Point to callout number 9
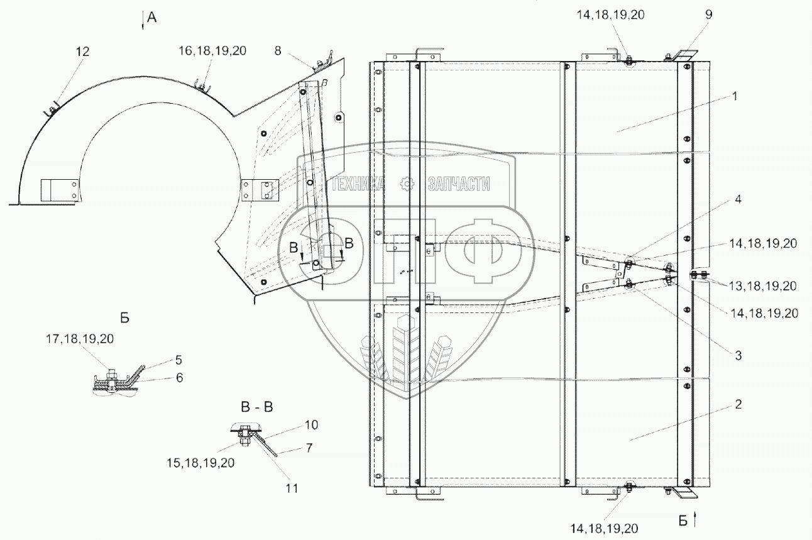pyautogui.click(x=708, y=16)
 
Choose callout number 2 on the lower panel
pyautogui.click(x=738, y=404)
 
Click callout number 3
pyautogui.click(x=738, y=355)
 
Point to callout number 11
pyautogui.click(x=294, y=488)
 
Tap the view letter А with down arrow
pyautogui.click(x=151, y=19)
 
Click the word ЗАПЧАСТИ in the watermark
pyautogui.click(x=458, y=184)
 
